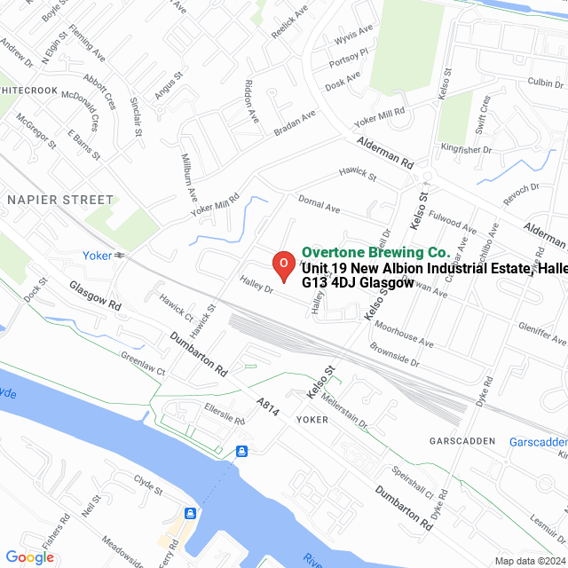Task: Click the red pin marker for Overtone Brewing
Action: click(282, 265)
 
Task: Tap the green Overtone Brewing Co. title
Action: click(375, 253)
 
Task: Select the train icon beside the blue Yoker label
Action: click(118, 256)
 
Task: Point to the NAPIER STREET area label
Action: click(60, 201)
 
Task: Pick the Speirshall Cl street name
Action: click(412, 479)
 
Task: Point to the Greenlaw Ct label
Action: click(143, 367)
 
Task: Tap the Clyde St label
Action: click(147, 485)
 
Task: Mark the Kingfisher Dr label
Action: click(466, 150)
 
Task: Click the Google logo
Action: click(29, 557)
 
